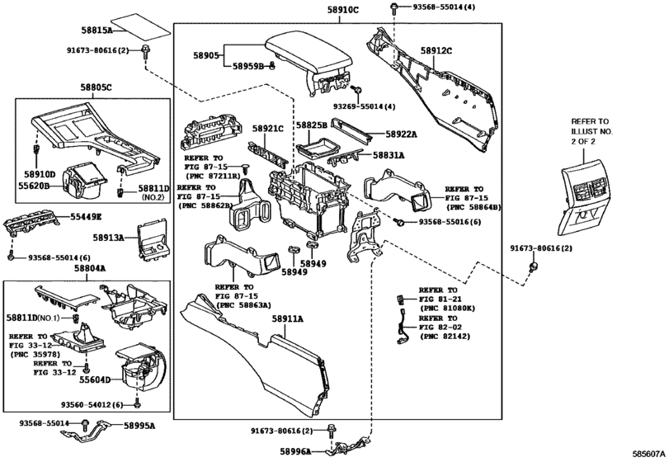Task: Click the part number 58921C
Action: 268,129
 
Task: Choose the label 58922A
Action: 402,134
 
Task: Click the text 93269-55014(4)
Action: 365,106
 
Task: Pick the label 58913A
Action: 109,238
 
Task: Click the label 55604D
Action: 96,381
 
